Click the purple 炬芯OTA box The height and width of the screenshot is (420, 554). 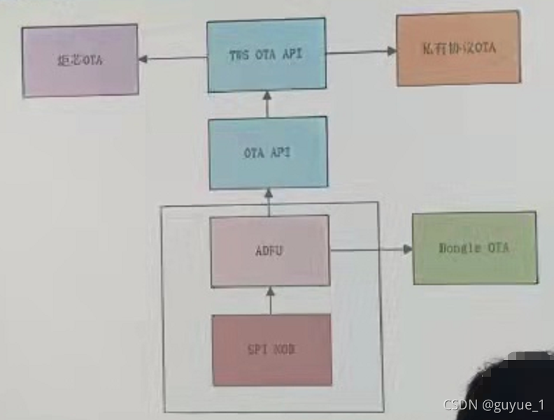click(x=80, y=60)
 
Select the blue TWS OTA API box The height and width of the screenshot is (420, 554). click(x=267, y=55)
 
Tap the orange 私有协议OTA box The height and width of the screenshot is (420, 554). click(x=458, y=49)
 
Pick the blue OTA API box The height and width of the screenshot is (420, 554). click(x=268, y=152)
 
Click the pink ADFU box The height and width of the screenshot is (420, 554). click(x=270, y=250)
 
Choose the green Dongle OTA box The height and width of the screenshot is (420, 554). click(x=474, y=248)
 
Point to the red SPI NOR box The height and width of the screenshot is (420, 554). click(x=271, y=349)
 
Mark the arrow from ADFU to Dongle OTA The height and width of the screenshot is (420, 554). click(x=371, y=248)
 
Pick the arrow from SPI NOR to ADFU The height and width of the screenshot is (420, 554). click(x=269, y=300)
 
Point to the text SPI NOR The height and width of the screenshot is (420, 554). click(x=271, y=349)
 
